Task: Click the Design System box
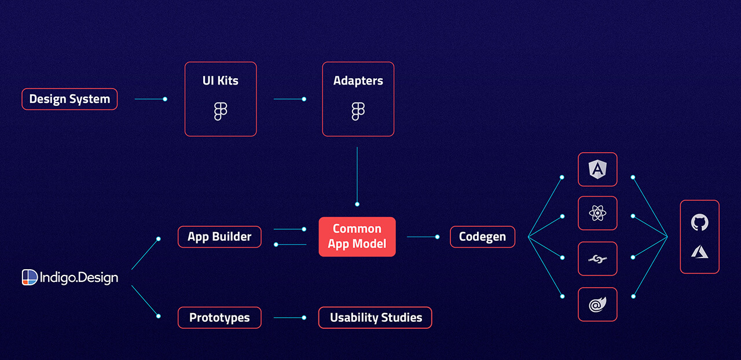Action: tap(69, 99)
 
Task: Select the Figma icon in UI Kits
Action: tap(221, 111)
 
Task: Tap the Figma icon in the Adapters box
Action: tap(358, 111)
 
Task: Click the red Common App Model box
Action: tap(357, 237)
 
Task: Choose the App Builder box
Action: tap(219, 237)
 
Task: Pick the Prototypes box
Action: tap(219, 318)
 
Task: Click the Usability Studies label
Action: tap(376, 318)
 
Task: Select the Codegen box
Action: tap(482, 237)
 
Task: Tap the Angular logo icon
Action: tap(597, 169)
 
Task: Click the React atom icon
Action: tap(597, 213)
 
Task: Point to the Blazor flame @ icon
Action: tap(597, 304)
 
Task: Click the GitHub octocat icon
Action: tap(700, 222)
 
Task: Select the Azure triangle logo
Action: tap(700, 252)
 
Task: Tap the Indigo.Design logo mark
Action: tap(30, 277)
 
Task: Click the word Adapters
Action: tap(358, 80)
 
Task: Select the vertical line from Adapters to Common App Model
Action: tap(357, 177)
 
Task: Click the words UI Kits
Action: tap(221, 80)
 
